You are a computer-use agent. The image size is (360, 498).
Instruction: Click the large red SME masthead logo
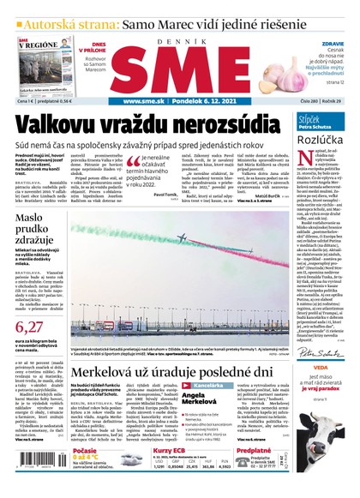[x=179, y=61]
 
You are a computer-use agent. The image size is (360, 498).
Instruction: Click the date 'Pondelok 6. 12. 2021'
[x=198, y=99]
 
